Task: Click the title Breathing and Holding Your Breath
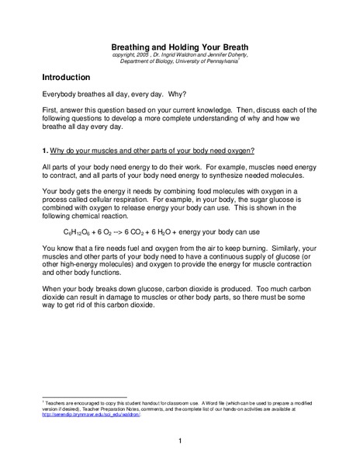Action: (179, 46)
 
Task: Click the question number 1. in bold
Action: (46, 149)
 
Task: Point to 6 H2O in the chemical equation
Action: (190, 231)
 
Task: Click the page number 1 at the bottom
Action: (179, 441)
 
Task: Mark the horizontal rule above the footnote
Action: (85, 396)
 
